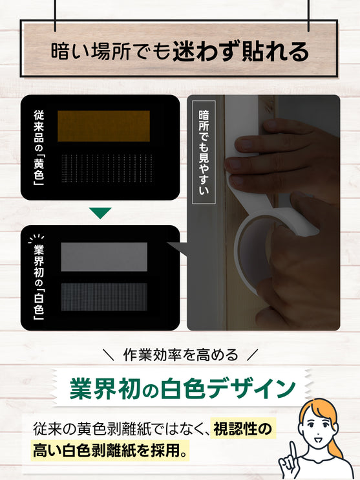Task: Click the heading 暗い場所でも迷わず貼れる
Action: pos(180,51)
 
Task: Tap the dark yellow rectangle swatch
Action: pos(103,126)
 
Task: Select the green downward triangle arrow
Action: pos(100,213)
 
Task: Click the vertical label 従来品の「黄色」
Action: pos(39,147)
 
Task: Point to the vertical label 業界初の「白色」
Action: pos(39,283)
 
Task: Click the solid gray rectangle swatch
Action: pos(104,257)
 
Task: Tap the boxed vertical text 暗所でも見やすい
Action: pos(204,152)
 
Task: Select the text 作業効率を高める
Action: pos(180,355)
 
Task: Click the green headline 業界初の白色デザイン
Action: pos(183,389)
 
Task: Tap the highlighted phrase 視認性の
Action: pos(242,428)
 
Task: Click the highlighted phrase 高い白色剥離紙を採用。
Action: pos(110,450)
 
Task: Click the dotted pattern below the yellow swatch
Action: pos(107,168)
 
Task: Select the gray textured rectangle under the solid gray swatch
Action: pos(104,297)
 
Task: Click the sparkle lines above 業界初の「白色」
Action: pos(36,238)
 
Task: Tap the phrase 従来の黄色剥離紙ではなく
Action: pos(118,428)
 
